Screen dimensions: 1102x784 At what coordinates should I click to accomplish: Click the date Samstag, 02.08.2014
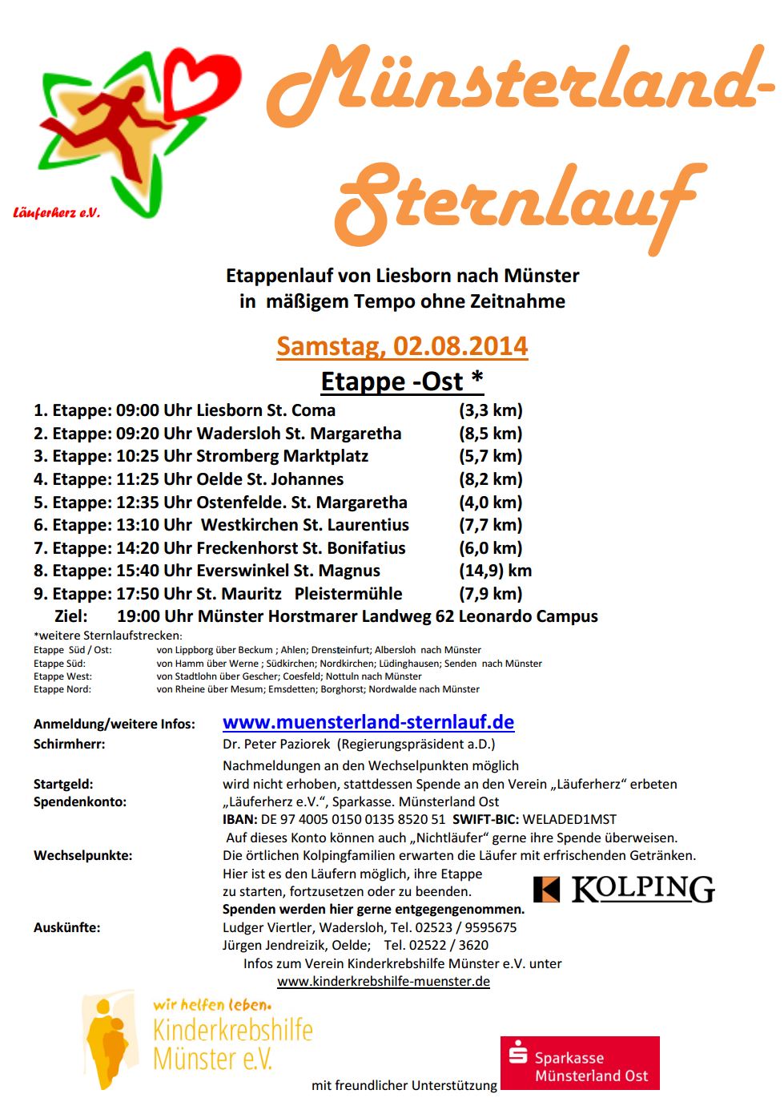(x=402, y=346)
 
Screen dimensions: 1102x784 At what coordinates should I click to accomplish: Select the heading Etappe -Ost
(x=402, y=381)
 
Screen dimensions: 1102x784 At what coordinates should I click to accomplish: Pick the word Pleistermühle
(x=348, y=594)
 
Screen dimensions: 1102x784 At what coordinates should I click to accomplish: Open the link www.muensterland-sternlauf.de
(x=368, y=722)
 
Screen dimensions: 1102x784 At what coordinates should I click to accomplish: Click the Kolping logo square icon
(x=547, y=890)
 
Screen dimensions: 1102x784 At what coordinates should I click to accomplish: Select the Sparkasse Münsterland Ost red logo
(x=580, y=1063)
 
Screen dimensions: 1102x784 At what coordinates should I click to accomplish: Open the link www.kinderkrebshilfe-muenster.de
(x=384, y=982)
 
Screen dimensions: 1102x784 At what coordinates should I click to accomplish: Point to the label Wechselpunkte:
(x=83, y=855)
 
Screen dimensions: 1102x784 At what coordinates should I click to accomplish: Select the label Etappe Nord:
(x=62, y=689)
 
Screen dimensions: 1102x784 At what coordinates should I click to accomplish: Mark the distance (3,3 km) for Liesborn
(x=490, y=410)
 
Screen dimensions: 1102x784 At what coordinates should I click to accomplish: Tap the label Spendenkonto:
(x=80, y=801)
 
